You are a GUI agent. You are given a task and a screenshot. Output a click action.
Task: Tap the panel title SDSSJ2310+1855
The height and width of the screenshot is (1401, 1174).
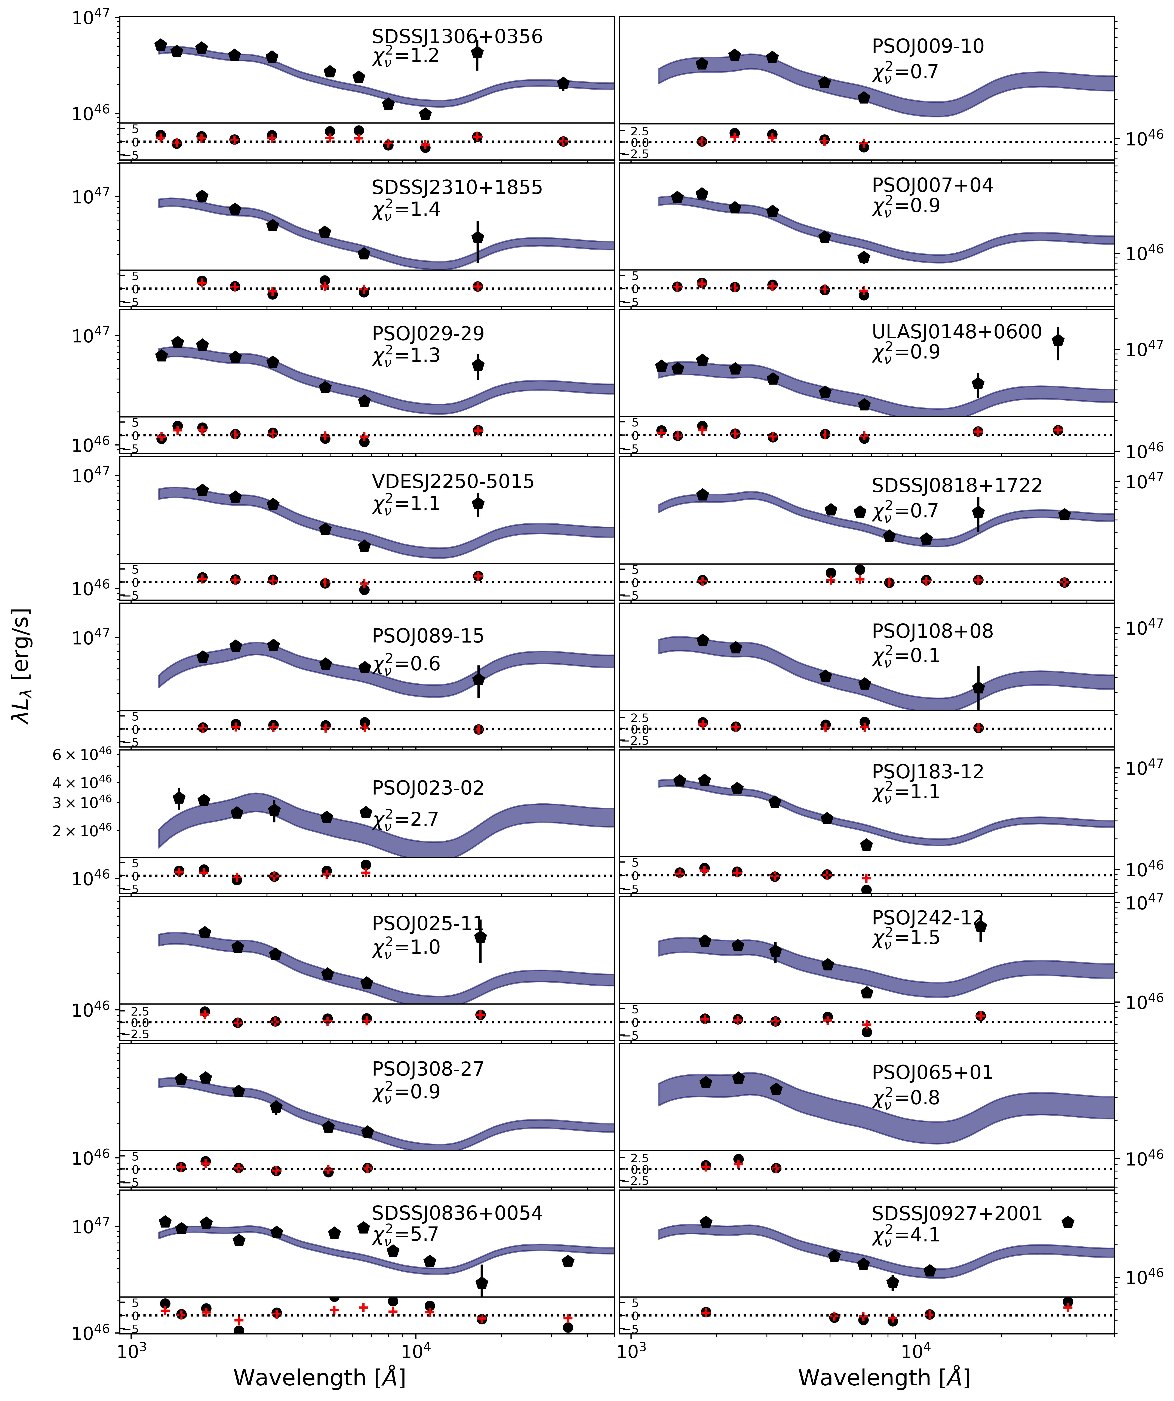pyautogui.click(x=457, y=187)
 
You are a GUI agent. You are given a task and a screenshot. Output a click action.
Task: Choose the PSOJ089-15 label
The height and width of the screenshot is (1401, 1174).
pyautogui.click(x=428, y=636)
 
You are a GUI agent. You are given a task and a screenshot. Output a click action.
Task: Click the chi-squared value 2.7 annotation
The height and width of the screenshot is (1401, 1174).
pyautogui.click(x=406, y=819)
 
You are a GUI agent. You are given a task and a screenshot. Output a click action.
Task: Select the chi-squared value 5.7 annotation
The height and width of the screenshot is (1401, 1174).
pyautogui.click(x=406, y=1235)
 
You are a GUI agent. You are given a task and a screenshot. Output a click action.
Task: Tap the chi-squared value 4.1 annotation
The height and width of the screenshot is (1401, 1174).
pyautogui.click(x=906, y=1235)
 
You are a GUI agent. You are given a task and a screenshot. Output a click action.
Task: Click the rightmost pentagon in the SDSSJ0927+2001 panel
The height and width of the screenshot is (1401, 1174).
pyautogui.click(x=1067, y=1222)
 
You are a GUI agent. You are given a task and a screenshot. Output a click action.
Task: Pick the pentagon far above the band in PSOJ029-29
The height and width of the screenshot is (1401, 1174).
pyautogui.click(x=478, y=365)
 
